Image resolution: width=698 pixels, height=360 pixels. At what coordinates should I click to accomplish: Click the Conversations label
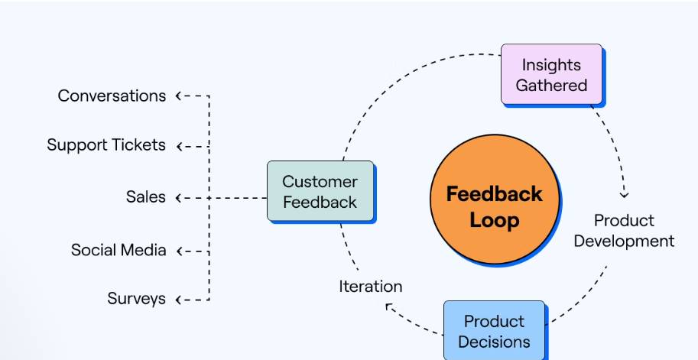point(112,96)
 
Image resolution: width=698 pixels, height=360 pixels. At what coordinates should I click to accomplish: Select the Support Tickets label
point(106,145)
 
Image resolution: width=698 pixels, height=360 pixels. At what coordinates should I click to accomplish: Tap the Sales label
point(145,196)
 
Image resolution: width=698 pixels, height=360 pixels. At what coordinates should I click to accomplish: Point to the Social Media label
point(118,250)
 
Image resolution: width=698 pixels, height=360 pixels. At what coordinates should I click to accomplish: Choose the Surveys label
point(136,299)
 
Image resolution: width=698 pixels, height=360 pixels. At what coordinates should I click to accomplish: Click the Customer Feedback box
point(320,191)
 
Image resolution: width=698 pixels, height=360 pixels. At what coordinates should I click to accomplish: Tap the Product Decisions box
point(494,332)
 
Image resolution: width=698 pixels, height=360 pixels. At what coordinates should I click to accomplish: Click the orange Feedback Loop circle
point(495,199)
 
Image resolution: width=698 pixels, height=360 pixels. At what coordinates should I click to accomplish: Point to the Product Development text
point(624,231)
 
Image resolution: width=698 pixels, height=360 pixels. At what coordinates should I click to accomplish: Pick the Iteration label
point(370,287)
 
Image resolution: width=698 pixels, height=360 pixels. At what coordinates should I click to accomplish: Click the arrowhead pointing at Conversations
point(178,96)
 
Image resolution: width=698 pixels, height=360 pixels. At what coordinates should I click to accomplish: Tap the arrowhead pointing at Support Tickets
point(179,147)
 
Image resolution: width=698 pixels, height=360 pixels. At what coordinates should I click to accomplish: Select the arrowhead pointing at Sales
point(178,198)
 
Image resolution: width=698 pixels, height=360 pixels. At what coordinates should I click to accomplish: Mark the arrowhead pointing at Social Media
point(179,251)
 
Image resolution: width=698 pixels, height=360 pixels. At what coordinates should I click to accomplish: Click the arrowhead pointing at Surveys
point(178,300)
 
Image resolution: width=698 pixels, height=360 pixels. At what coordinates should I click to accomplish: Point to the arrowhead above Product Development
point(624,195)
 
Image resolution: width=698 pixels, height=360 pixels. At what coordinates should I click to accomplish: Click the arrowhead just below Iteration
point(388,306)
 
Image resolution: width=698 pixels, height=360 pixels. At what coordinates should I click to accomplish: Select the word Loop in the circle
point(495,220)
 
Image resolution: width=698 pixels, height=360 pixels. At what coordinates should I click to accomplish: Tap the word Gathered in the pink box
point(551,85)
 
